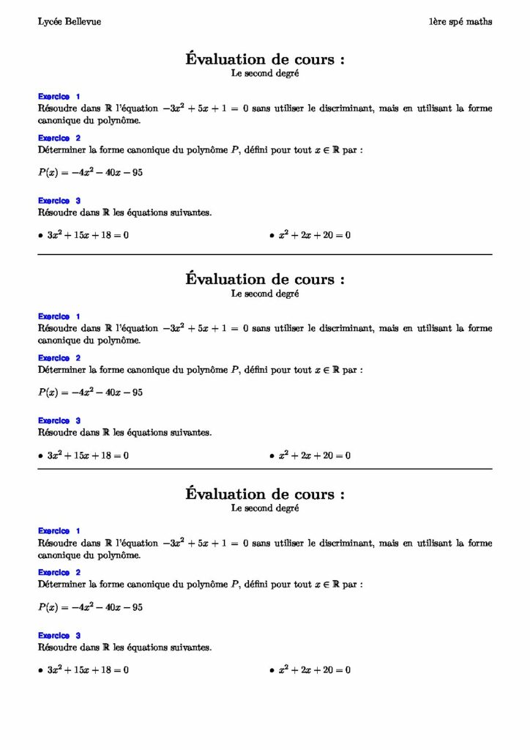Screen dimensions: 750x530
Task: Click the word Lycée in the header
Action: tap(49, 22)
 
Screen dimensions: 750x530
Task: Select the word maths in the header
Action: tap(479, 22)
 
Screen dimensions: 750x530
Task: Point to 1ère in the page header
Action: tap(438, 22)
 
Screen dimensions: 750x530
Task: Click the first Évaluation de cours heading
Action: tap(264, 59)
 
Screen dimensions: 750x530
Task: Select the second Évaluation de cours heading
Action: tap(264, 279)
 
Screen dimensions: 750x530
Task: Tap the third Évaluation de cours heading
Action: tap(264, 494)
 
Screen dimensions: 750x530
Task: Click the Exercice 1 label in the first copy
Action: tap(59, 97)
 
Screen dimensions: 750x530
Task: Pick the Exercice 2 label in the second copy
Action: tap(59, 358)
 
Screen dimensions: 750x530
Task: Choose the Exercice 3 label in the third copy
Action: tap(59, 636)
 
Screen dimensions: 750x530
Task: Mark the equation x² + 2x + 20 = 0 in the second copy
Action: tap(314, 456)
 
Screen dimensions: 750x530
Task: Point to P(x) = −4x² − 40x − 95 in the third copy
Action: tap(90, 608)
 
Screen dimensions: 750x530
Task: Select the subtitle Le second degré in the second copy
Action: tap(264, 294)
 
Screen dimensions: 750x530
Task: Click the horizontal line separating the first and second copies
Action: tap(264, 254)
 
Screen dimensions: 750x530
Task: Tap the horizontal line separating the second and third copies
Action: tap(264, 469)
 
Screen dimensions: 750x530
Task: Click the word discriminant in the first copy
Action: tap(347, 108)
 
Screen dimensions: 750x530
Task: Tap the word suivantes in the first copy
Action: tap(192, 213)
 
